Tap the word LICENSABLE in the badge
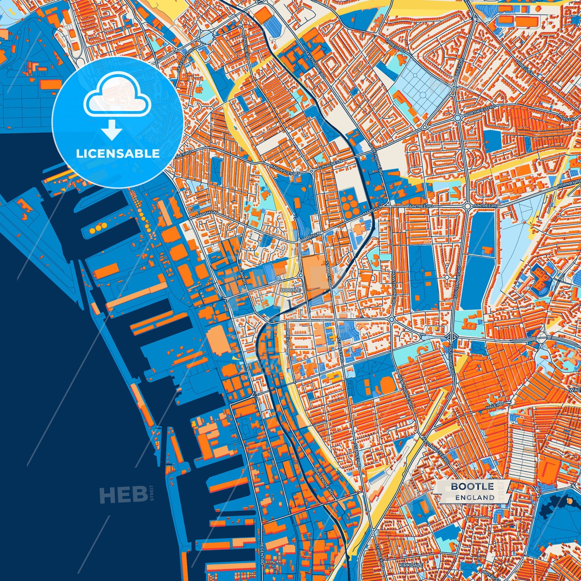click(118, 154)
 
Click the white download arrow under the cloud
click(112, 129)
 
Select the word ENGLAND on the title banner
click(475, 497)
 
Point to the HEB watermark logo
click(123, 494)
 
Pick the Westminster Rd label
click(435, 448)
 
